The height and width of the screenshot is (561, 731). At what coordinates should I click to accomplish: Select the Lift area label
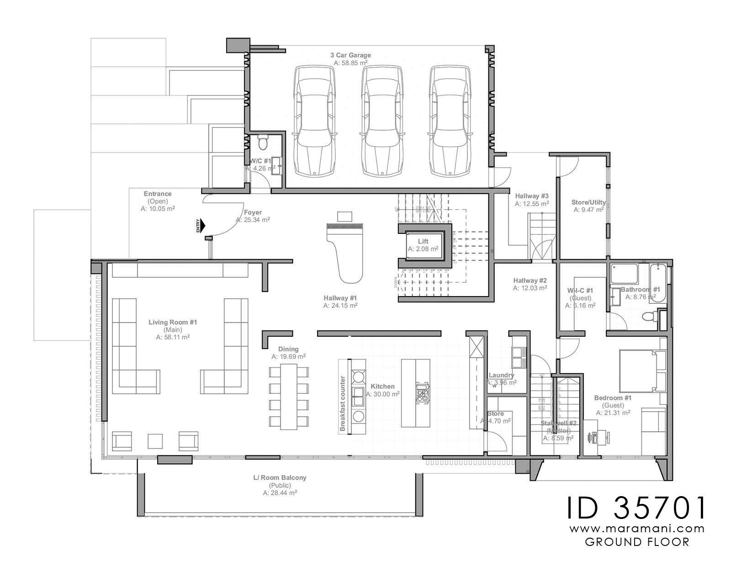[x=423, y=241]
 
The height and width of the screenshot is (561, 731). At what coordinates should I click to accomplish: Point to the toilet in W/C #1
[x=263, y=143]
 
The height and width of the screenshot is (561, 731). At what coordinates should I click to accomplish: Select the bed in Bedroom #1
[x=638, y=370]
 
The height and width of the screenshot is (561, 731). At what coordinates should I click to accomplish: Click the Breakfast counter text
[x=342, y=403]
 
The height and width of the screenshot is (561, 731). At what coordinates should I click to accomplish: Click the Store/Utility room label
[x=588, y=202]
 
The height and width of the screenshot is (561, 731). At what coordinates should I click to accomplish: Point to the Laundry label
[x=501, y=375]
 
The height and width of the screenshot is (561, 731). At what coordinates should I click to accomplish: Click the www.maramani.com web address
[x=637, y=529]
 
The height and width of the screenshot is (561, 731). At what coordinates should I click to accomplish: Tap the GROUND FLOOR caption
[x=637, y=542]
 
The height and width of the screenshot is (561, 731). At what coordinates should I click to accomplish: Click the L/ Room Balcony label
[x=280, y=477]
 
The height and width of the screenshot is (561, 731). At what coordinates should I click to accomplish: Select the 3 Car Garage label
[x=350, y=55]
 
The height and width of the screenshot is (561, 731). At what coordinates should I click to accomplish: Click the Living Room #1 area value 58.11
[x=173, y=337]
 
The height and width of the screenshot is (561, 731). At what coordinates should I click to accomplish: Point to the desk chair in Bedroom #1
[x=589, y=437]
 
